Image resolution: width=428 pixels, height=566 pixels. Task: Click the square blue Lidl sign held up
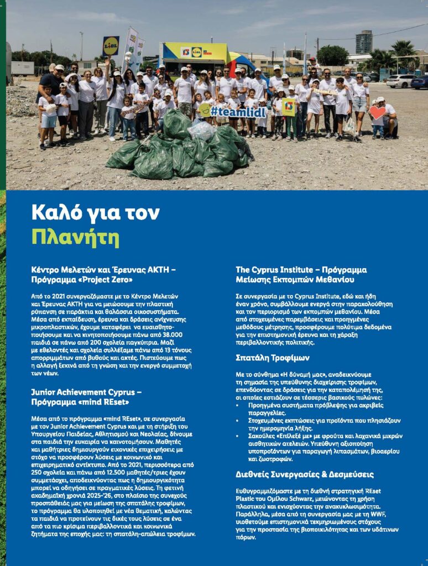(111, 46)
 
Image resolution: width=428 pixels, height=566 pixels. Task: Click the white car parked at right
(401, 81)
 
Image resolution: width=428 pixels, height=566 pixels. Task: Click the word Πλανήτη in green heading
(75, 237)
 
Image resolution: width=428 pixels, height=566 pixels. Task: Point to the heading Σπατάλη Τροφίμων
(273, 358)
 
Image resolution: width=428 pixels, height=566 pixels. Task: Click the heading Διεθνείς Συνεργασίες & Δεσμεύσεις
(305, 475)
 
